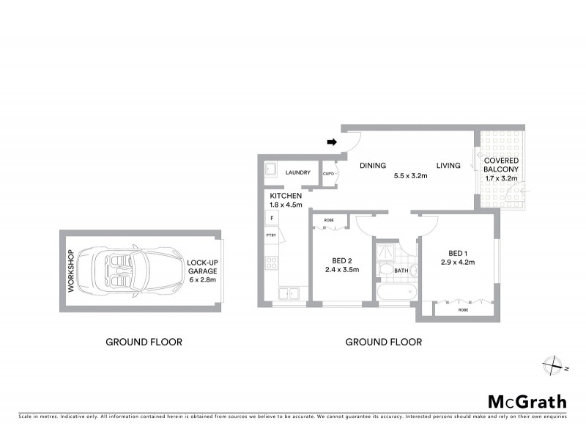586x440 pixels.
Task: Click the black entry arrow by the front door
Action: [x=331, y=142]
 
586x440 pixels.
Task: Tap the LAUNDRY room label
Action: [x=298, y=173]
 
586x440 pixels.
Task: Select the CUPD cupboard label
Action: [x=329, y=174]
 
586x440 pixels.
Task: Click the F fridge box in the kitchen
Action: [x=272, y=218]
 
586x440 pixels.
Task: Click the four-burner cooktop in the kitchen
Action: [x=272, y=262]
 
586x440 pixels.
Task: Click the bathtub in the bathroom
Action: [x=396, y=293]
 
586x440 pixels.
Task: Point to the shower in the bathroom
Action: [x=384, y=253]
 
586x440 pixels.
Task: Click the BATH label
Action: [x=401, y=271]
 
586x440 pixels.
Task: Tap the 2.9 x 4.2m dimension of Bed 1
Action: [x=458, y=262]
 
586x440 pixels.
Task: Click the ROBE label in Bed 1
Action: [x=463, y=310]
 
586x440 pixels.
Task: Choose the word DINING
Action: [x=372, y=166]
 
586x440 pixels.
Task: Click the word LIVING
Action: [x=448, y=166]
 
